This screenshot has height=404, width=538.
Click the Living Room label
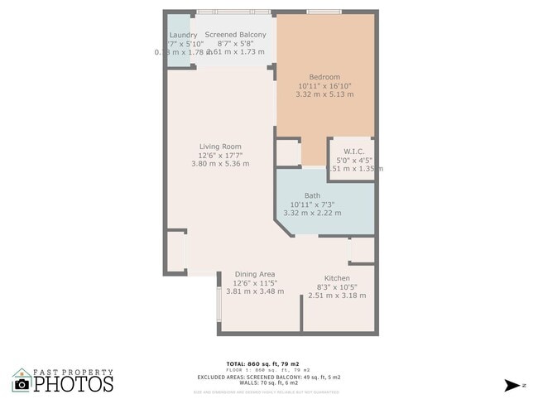219,147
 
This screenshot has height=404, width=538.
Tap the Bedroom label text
324,77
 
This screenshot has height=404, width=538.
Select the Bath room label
312,195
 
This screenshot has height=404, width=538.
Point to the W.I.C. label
353,151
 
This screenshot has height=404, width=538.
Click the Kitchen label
337,277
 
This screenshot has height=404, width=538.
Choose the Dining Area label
255,274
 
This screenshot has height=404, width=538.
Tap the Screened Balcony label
236,34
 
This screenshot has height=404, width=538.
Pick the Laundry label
181,34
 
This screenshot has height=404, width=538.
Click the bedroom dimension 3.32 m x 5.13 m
324,94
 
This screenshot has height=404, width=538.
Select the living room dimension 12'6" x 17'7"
219,155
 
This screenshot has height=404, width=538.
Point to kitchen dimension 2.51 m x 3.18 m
337,296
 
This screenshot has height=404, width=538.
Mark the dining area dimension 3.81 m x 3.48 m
255,291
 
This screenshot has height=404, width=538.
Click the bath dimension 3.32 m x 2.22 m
312,213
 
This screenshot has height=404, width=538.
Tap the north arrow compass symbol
513,385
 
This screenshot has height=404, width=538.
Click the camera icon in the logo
22,383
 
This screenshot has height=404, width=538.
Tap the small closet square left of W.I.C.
288,152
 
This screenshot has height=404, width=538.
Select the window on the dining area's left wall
219,303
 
